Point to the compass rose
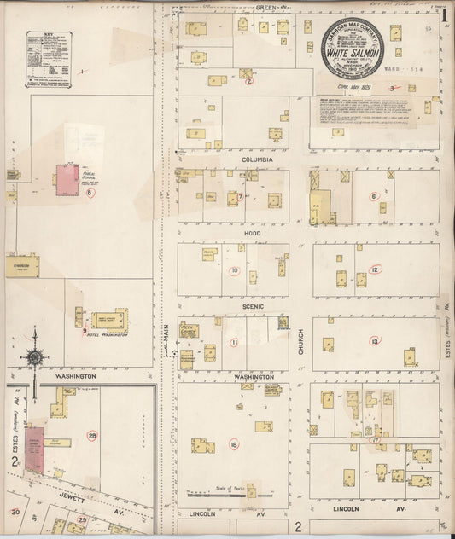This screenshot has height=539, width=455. (x=35, y=356)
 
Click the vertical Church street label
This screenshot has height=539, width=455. (x=301, y=342)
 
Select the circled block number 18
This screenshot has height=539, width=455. (x=233, y=443)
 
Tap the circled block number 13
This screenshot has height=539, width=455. (x=374, y=341)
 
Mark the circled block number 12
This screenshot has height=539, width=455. (x=375, y=269)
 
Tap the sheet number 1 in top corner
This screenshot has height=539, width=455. (x=445, y=14)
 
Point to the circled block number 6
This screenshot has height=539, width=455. (x=373, y=196)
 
